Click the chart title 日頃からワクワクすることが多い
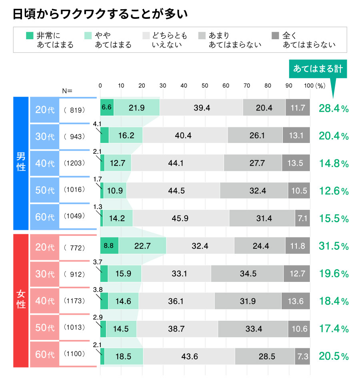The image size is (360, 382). [100, 14]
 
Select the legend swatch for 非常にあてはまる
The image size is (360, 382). [29, 36]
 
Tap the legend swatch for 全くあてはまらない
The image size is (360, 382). [275, 36]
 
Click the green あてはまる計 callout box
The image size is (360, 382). [318, 68]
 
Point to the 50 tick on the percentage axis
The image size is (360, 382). [205, 86]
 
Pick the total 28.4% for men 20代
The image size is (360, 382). [334, 108]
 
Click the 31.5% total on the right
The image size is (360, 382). [334, 246]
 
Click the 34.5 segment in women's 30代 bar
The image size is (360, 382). [247, 274]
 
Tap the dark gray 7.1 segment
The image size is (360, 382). [302, 219]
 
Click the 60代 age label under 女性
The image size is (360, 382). [44, 355]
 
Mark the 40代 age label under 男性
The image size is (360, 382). [44, 163]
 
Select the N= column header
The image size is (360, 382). [67, 91]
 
